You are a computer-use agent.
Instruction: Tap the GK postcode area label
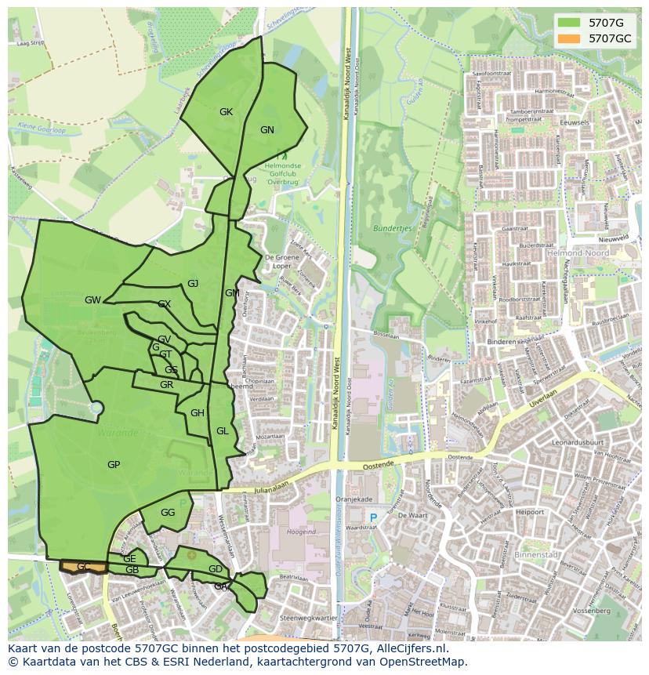point(226,112)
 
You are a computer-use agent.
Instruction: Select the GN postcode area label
point(267,130)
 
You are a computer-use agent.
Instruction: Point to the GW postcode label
point(92,300)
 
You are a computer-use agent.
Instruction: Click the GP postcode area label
point(114,465)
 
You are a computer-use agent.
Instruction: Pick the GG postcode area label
point(168,513)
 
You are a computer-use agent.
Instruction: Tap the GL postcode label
point(223,431)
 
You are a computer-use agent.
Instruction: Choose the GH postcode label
point(198,413)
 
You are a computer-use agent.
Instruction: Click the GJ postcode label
point(193,284)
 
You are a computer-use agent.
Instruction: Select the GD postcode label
point(216,569)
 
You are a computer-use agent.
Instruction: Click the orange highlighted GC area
point(83,566)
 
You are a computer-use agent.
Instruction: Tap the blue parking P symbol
point(374,517)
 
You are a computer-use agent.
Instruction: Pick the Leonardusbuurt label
point(581,442)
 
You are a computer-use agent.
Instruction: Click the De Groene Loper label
point(279,260)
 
